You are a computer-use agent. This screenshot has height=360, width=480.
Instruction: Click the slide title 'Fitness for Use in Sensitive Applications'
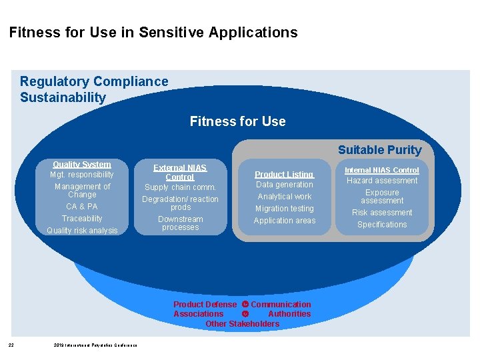pos(153,32)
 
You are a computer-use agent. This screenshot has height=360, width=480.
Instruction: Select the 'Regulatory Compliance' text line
pos(94,81)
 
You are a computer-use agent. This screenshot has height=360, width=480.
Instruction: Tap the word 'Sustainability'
pos(63,97)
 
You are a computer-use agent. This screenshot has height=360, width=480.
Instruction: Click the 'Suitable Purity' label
pos(379,150)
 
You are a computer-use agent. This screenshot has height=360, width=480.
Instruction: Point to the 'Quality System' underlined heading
pos(82,164)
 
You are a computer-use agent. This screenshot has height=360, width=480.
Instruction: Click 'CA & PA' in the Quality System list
pos(82,207)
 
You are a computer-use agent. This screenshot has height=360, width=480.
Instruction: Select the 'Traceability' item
pos(82,219)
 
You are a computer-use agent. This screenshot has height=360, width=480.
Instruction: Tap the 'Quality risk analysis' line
pos(82,231)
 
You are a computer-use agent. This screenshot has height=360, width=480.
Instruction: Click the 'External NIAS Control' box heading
pos(180,173)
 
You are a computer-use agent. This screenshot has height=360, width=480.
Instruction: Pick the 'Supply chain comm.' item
pos(180,187)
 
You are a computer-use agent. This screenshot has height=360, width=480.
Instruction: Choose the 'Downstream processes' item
pos(180,223)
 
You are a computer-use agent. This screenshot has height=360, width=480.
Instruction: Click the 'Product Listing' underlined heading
pos(285,174)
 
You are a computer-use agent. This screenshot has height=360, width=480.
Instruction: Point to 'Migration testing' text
pos(285,209)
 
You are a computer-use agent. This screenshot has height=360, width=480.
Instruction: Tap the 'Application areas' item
pos(285,221)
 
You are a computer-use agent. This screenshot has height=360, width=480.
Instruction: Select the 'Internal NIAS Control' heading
pos(382,170)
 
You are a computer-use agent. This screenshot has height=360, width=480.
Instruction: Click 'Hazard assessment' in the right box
pos(382,181)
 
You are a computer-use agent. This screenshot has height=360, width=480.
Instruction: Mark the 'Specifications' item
pos(382,225)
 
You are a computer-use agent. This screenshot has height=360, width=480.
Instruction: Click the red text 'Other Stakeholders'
pos(243,324)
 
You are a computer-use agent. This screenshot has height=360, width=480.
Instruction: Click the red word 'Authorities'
pos(289,314)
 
